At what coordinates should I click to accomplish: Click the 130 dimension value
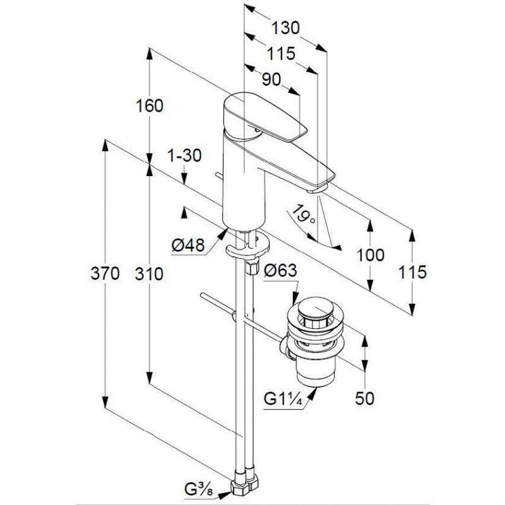(286, 28)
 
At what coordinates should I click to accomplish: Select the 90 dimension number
(271, 80)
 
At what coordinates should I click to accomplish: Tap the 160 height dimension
(150, 105)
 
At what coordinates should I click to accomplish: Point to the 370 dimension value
(105, 274)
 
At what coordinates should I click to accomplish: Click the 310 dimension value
(149, 275)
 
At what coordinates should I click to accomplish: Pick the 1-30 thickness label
(184, 155)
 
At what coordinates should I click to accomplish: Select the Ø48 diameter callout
(188, 246)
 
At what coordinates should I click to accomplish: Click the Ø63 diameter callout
(280, 271)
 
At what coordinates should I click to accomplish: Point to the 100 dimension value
(371, 255)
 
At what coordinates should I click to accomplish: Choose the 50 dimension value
(365, 398)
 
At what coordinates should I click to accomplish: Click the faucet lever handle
(264, 118)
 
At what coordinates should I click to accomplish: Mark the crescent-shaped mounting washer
(247, 246)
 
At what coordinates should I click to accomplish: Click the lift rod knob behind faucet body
(219, 176)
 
